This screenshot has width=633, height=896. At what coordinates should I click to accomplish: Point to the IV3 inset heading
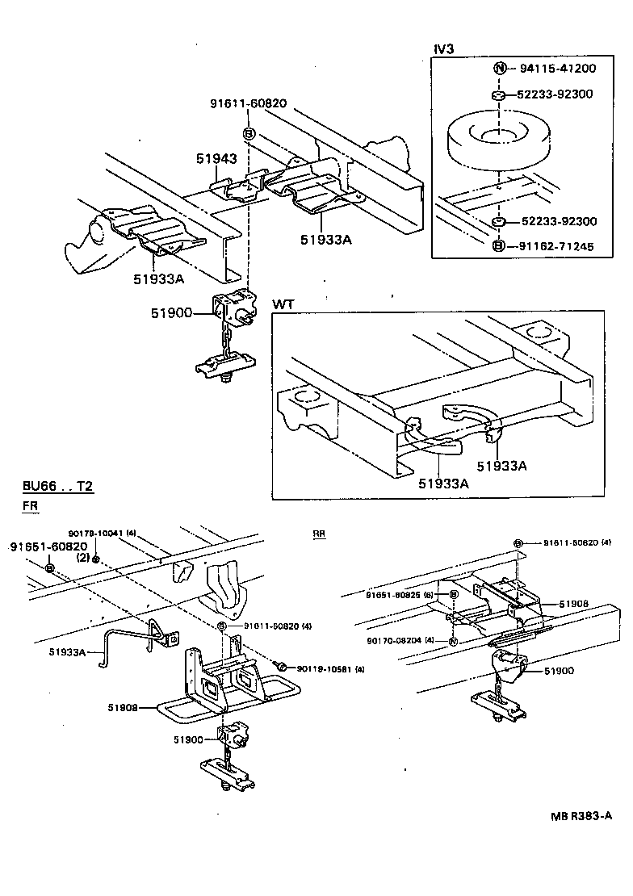444,49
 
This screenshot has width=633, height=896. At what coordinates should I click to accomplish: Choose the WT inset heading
283,304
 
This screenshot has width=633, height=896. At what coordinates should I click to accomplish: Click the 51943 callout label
216,159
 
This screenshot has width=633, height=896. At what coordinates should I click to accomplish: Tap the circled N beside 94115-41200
500,69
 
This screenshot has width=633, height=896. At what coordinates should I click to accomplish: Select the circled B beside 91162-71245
499,245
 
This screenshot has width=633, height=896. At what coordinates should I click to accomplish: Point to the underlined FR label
29,506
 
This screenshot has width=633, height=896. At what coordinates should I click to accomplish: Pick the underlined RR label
319,534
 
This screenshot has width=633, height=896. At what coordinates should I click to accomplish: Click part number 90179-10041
96,533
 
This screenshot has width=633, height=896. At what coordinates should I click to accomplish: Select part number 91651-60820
48,546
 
